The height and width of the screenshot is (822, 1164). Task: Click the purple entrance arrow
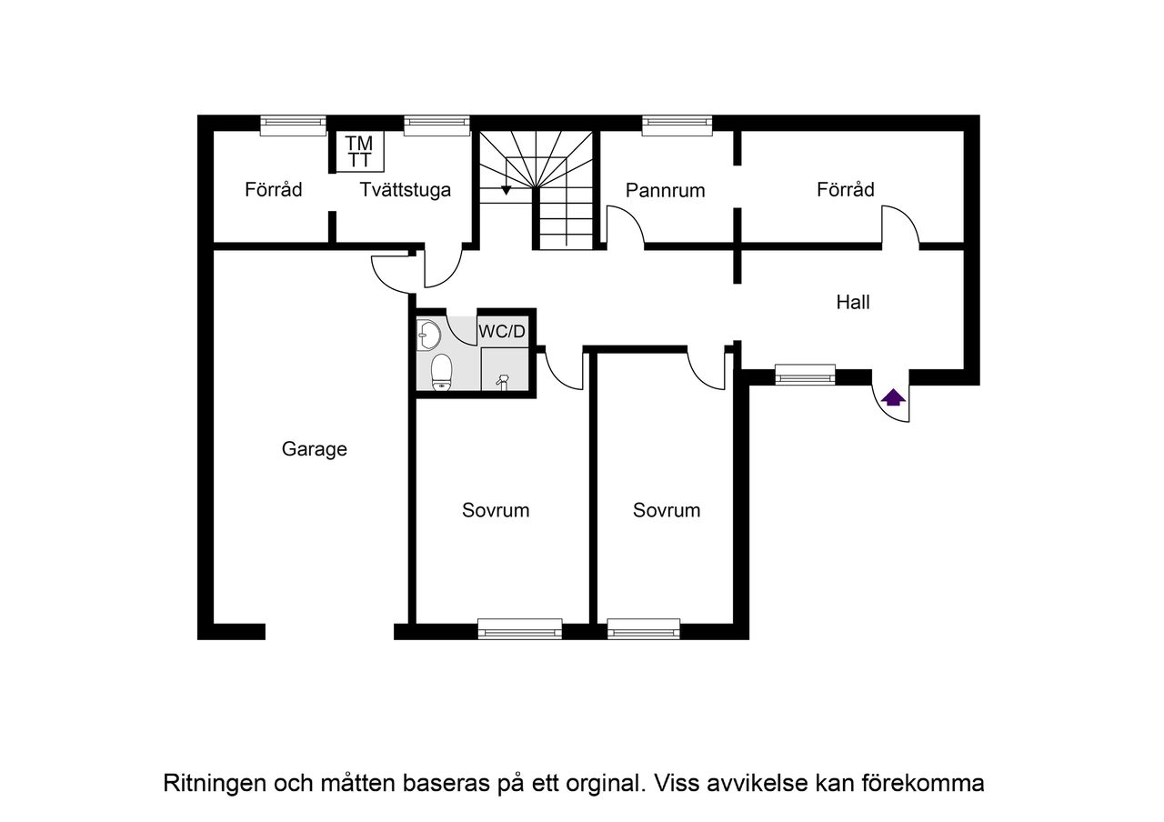click(893, 396)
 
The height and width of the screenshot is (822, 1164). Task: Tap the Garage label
click(314, 449)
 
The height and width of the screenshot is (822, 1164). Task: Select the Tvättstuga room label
click(405, 190)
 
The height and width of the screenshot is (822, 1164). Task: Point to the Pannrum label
click(666, 190)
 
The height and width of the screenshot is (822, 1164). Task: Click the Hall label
click(853, 302)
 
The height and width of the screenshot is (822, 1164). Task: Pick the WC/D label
click(502, 331)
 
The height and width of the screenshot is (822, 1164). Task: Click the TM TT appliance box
click(359, 152)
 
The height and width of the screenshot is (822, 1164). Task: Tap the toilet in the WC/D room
click(441, 371)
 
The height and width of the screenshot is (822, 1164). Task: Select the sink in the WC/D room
click(429, 335)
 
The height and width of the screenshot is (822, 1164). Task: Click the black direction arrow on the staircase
click(507, 189)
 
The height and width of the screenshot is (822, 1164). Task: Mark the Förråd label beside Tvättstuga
click(273, 190)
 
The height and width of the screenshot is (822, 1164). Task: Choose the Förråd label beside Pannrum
click(845, 189)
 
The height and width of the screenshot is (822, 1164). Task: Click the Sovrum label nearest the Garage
click(496, 510)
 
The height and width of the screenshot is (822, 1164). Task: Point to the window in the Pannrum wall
click(677, 125)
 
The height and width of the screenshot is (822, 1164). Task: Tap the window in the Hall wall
click(805, 374)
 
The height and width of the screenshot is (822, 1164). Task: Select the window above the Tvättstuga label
click(436, 125)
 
